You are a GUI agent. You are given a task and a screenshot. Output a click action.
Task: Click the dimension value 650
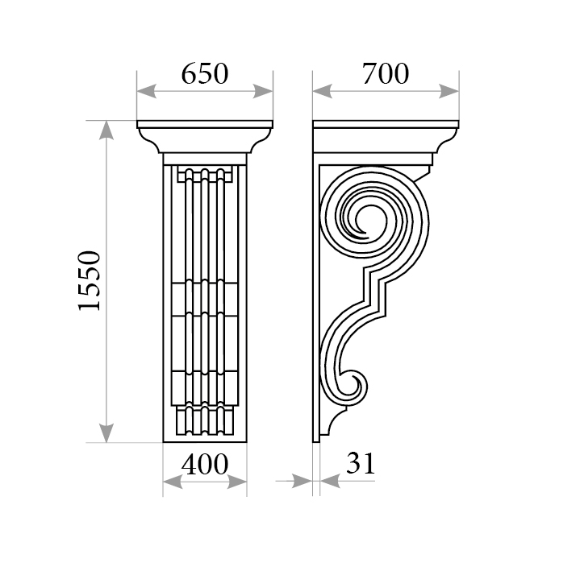[x=205, y=73]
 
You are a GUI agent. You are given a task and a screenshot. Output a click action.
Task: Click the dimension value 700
[x=386, y=73]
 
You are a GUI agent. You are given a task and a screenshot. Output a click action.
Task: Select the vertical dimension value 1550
[x=90, y=281]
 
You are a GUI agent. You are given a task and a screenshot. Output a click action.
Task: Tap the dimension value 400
[x=205, y=464]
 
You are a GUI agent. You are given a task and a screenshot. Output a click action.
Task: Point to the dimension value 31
[x=361, y=463]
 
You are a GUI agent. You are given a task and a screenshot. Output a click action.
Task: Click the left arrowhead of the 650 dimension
[x=147, y=91]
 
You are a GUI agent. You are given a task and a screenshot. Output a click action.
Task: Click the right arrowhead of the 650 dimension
[x=263, y=91]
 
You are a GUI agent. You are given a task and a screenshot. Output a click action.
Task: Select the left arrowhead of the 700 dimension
[x=322, y=91]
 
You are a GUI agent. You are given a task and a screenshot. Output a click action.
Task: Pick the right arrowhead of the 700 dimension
[x=449, y=91]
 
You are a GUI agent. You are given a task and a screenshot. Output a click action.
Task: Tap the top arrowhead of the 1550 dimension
[x=106, y=130]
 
